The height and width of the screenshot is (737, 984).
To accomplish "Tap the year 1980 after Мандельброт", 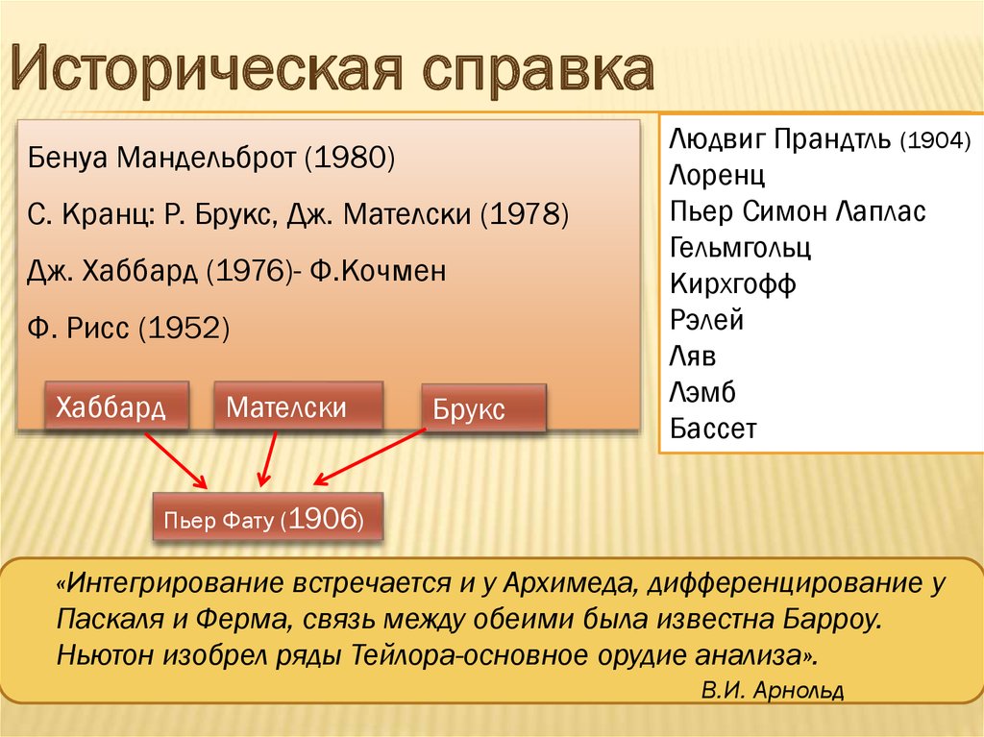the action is click(x=350, y=157).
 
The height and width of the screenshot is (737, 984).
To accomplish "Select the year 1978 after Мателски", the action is click(x=525, y=213).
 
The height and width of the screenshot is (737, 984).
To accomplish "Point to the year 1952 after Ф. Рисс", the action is click(x=184, y=328).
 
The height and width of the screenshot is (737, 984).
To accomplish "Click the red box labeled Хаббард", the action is click(x=116, y=405).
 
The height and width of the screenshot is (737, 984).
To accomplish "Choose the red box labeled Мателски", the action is click(x=299, y=405).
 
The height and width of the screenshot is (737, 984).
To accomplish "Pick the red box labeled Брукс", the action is click(x=484, y=408).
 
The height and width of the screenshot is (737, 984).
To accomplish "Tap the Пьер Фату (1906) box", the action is click(x=268, y=517).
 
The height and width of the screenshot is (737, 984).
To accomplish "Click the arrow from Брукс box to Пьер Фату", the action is click(x=370, y=457).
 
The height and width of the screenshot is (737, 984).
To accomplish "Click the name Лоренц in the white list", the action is click(x=717, y=175).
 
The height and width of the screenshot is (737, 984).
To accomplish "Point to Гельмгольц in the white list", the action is click(x=741, y=247).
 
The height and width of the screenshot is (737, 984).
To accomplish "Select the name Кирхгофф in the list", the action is click(x=733, y=283).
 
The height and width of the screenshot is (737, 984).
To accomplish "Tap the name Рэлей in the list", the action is click(x=706, y=320).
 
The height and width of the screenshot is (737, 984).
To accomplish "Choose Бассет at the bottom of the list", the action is click(x=714, y=429).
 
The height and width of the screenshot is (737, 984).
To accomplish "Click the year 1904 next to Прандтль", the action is click(x=935, y=140).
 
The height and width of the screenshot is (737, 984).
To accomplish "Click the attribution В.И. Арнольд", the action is click(x=773, y=690).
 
